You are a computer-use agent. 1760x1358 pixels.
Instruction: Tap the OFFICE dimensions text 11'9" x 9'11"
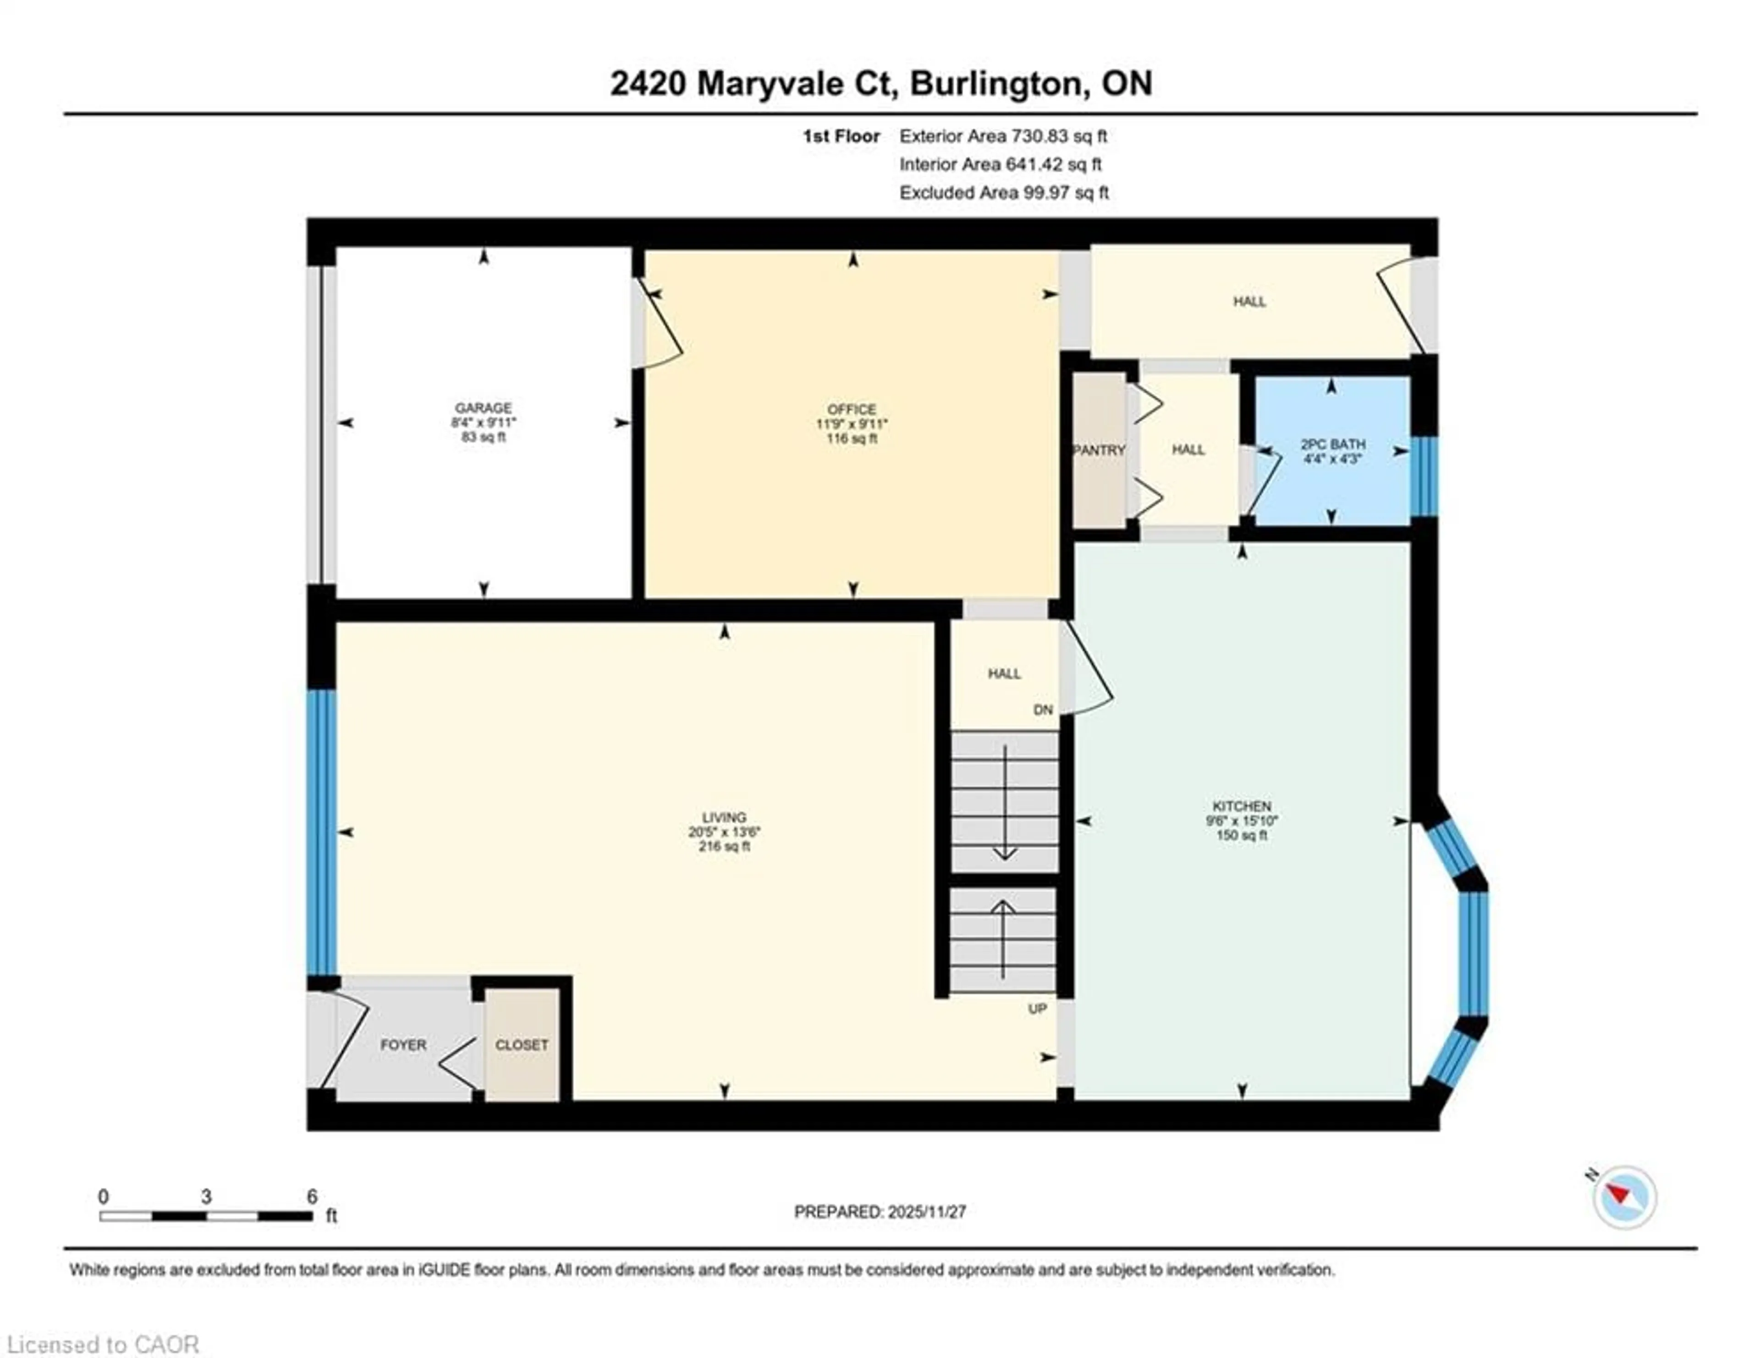coord(852,424)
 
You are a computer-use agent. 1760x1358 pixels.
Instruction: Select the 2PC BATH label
coord(1333,444)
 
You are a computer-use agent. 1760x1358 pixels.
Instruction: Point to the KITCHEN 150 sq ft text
coord(1242,835)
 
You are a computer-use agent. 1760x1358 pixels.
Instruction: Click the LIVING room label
coord(724,817)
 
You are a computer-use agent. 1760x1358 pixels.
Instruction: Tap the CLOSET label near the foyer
coord(522,1045)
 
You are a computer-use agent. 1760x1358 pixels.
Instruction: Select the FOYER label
coord(403,1045)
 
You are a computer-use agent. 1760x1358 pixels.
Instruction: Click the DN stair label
coord(1043,710)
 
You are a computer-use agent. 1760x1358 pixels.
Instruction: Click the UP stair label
coord(1037,1008)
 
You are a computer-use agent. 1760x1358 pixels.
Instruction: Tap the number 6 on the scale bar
coord(312,1196)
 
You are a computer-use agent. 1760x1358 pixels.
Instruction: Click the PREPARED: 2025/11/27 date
coord(880,1211)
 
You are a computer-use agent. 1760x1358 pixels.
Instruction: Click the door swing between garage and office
coord(661,326)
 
